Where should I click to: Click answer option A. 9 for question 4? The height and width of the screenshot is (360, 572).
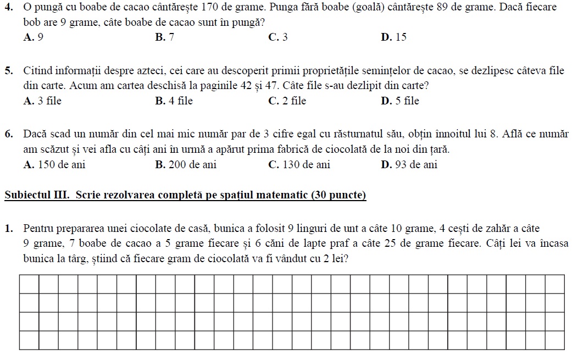(x=34, y=37)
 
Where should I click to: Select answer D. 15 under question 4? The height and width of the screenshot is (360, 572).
(x=393, y=37)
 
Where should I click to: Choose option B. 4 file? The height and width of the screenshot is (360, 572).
(x=174, y=101)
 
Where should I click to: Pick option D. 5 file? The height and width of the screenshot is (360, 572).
(x=399, y=101)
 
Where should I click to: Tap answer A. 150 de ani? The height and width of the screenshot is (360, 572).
(x=54, y=165)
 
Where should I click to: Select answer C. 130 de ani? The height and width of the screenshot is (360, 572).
(x=299, y=165)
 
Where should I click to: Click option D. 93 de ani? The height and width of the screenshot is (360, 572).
(x=409, y=165)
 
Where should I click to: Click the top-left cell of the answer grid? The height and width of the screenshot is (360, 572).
(x=29, y=284)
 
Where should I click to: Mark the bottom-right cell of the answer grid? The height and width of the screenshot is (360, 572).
(x=554, y=340)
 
